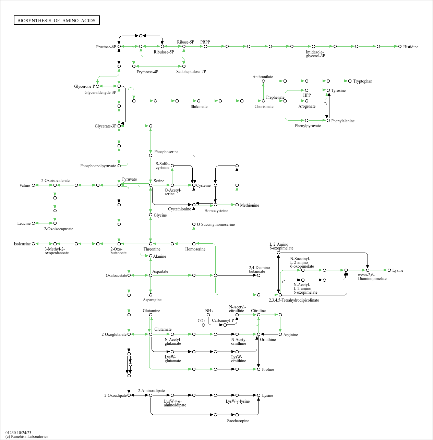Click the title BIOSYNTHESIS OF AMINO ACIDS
click(x=57, y=21)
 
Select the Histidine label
click(x=411, y=47)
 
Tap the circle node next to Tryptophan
click(x=350, y=81)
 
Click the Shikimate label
click(x=199, y=107)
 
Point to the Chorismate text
click(x=264, y=107)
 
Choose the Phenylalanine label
click(x=343, y=121)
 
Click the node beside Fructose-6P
click(x=119, y=46)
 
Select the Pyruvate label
click(x=129, y=179)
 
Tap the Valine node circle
click(x=33, y=185)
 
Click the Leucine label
click(x=24, y=223)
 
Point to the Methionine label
click(x=250, y=205)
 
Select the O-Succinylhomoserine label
click(x=216, y=224)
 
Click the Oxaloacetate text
click(x=116, y=276)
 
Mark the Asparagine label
click(x=152, y=300)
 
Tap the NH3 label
click(x=209, y=311)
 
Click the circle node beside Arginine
click(x=280, y=334)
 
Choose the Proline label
click(x=268, y=369)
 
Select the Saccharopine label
click(x=238, y=421)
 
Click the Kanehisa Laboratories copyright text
click(x=27, y=437)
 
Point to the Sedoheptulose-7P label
click(x=191, y=72)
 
